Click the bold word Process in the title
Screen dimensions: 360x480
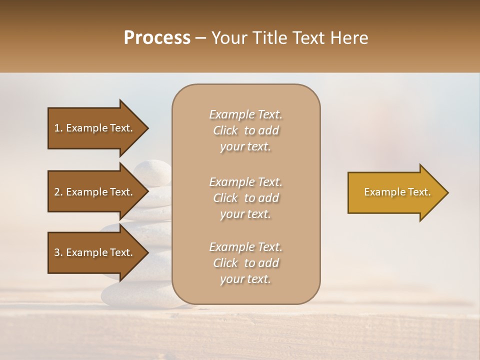157,37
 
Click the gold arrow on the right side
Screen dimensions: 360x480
395,192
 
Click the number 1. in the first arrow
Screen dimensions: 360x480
58,128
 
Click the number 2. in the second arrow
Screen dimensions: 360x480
58,192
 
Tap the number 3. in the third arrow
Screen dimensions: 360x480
58,252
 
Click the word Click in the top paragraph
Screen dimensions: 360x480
225,130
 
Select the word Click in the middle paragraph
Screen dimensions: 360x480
225,198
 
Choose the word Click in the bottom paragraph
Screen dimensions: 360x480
225,263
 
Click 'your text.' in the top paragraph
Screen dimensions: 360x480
245,147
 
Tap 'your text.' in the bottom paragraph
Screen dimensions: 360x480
245,279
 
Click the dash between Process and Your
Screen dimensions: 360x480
201,37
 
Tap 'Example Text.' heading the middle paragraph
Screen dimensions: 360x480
245,181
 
